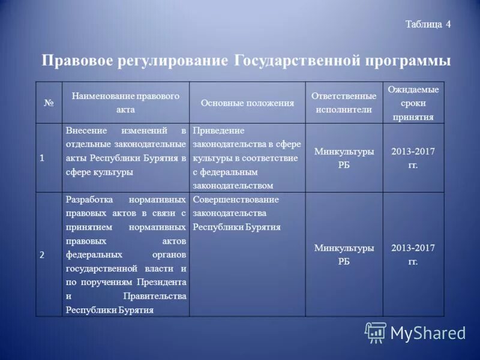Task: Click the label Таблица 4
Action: [x=427, y=25]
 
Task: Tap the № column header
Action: [x=49, y=103]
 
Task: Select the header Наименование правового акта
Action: [x=125, y=103]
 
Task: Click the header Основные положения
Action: [x=247, y=103]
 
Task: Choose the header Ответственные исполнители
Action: [x=344, y=103]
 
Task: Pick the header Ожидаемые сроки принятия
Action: [x=413, y=103]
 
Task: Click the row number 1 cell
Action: [x=42, y=158]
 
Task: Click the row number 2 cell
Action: [x=42, y=254]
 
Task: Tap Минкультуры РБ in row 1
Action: [x=344, y=158]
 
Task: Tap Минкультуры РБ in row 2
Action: [x=344, y=254]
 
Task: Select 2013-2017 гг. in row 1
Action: [x=413, y=158]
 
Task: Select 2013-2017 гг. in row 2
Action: [x=413, y=254]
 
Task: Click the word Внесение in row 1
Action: [x=85, y=130]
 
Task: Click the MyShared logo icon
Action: [x=376, y=332]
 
